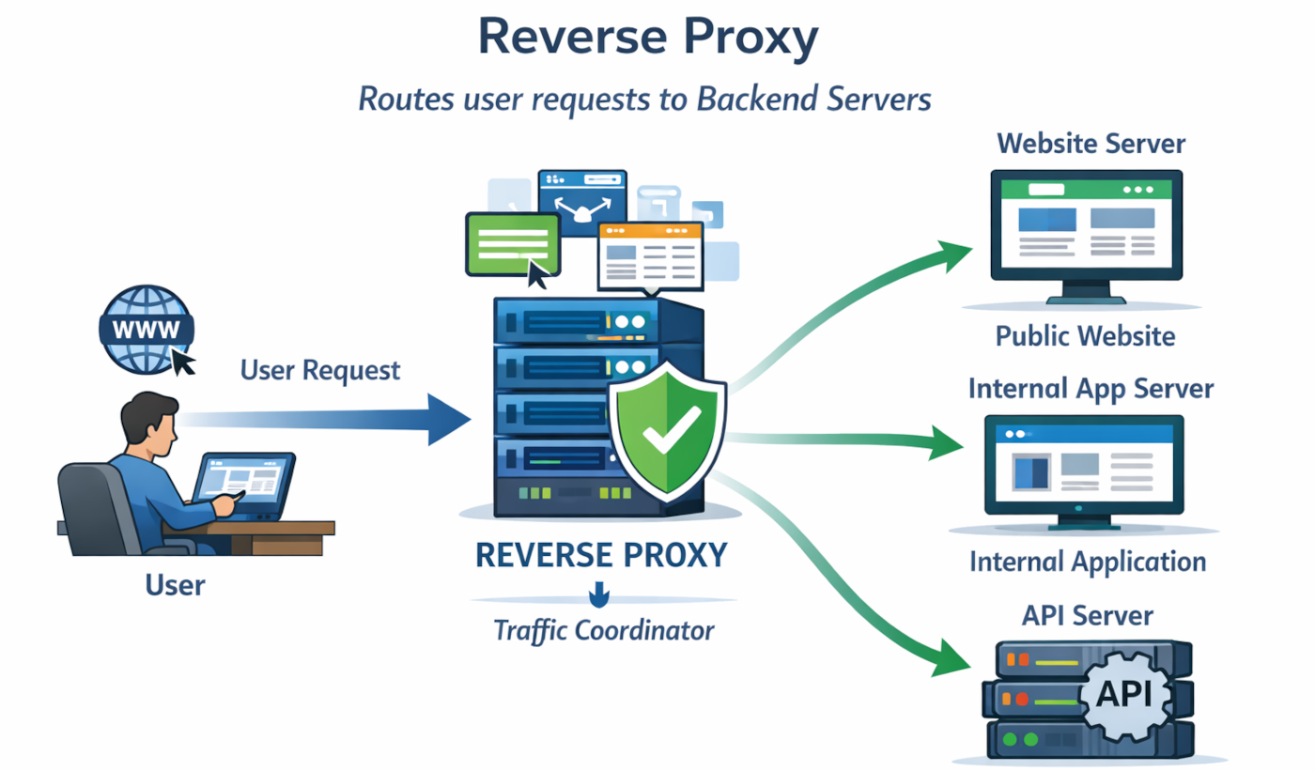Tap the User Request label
pyautogui.click(x=320, y=370)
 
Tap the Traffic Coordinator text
pyautogui.click(x=603, y=630)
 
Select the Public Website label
pyautogui.click(x=1085, y=335)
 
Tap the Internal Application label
pyautogui.click(x=1087, y=562)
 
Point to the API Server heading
pyautogui.click(x=1087, y=616)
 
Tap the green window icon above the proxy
pyautogui.click(x=513, y=242)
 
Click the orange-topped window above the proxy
pyautogui.click(x=649, y=255)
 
